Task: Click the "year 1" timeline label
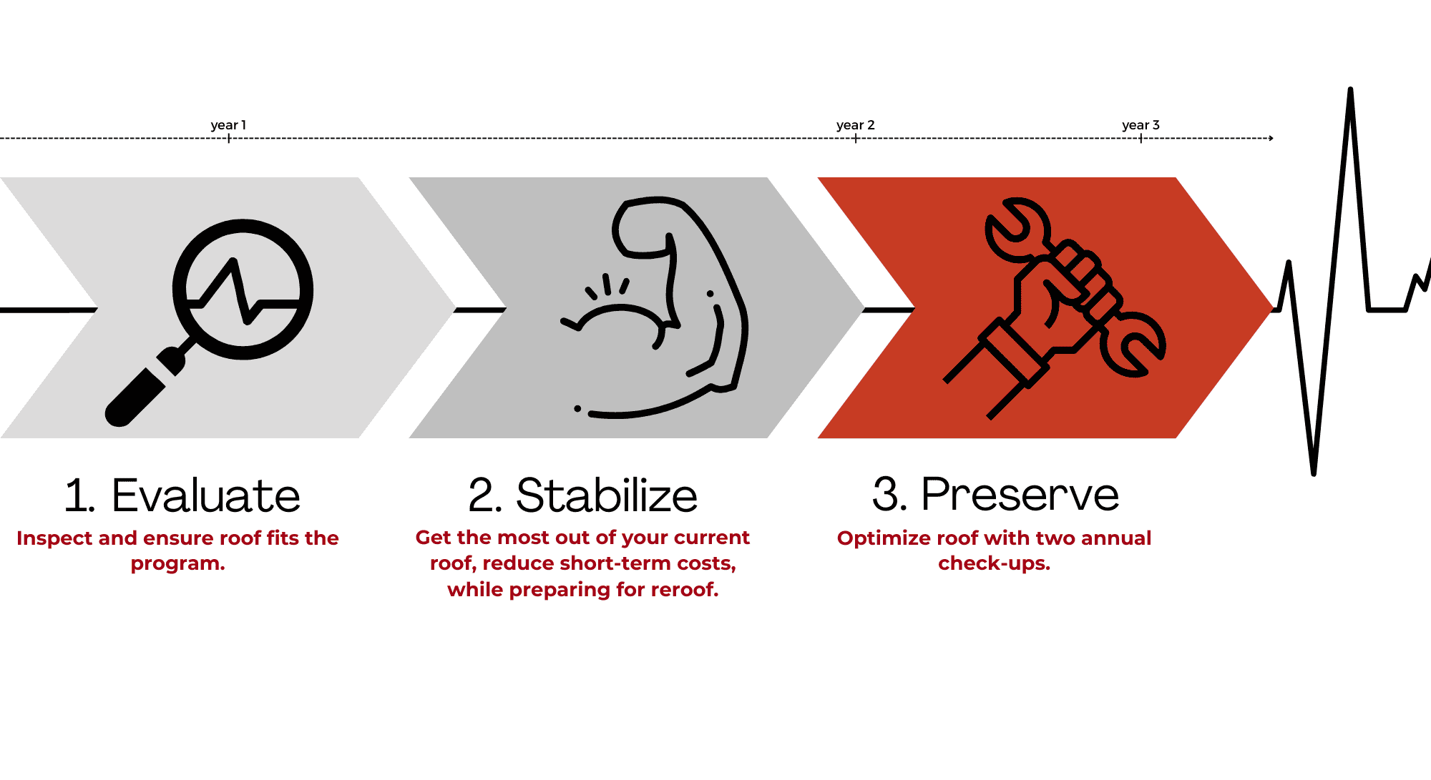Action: [228, 125]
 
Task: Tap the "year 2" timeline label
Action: [856, 125]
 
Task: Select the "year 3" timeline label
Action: [1141, 125]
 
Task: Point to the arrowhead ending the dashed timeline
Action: [1271, 138]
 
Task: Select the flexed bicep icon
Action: [655, 307]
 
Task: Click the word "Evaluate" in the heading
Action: [206, 495]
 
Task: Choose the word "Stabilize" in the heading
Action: [607, 495]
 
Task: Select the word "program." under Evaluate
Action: [177, 563]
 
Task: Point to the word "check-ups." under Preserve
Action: [994, 563]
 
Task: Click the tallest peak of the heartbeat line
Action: [1350, 89]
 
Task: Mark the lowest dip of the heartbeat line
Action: [1314, 473]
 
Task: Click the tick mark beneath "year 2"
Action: [856, 138]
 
